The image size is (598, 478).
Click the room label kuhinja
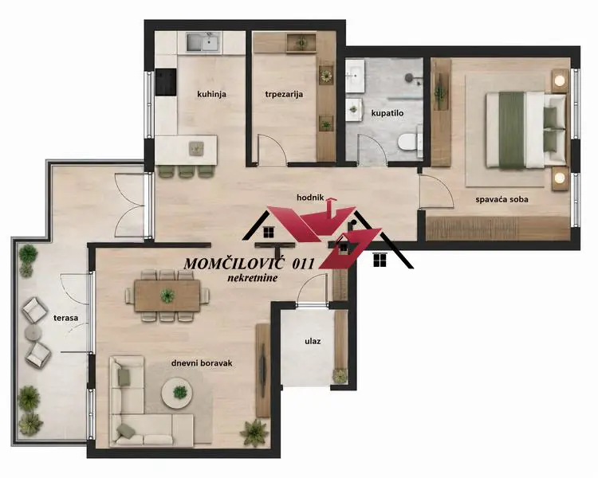(211, 94)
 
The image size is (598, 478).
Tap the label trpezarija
(284, 94)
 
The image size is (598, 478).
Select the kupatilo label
(388, 113)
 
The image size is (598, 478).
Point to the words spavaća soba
(502, 199)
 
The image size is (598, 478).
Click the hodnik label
(310, 198)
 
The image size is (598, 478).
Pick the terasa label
(65, 318)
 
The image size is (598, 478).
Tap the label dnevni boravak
(202, 363)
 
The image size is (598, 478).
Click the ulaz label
(313, 341)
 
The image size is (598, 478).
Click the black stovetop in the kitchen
(166, 82)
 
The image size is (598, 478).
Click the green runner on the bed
(512, 130)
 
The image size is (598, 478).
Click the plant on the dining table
(167, 295)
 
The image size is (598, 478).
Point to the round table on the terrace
(33, 333)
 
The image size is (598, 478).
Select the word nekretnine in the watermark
(253, 278)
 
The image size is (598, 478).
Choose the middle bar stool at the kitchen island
(186, 172)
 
